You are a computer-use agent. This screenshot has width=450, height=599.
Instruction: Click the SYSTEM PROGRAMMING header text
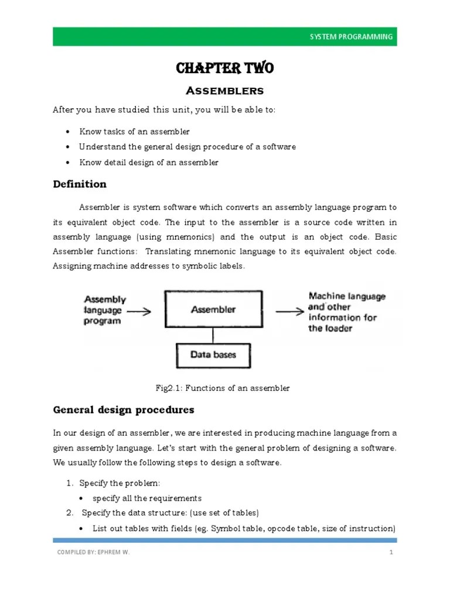pyautogui.click(x=351, y=37)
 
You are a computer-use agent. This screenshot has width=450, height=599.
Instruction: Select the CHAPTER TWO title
pyautogui.click(x=224, y=69)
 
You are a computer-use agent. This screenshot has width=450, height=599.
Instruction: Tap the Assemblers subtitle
pyautogui.click(x=224, y=91)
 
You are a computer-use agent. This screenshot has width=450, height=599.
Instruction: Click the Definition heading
pyautogui.click(x=80, y=184)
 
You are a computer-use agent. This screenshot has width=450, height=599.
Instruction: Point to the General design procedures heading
pyautogui.click(x=123, y=409)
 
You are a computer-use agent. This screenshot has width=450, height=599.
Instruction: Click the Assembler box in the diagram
pyautogui.click(x=213, y=310)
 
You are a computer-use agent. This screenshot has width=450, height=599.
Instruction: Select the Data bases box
pyautogui.click(x=213, y=354)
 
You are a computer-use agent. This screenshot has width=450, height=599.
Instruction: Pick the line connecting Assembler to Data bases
pyautogui.click(x=213, y=335)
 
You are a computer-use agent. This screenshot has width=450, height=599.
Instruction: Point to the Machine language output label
pyautogui.click(x=347, y=312)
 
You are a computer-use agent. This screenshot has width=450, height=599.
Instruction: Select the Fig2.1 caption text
pyautogui.click(x=222, y=388)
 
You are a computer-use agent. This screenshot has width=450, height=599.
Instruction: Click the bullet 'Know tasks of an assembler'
pyautogui.click(x=134, y=132)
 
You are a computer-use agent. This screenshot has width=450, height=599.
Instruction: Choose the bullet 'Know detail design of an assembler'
pyautogui.click(x=149, y=162)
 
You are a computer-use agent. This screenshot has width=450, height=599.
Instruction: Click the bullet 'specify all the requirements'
pyautogui.click(x=147, y=498)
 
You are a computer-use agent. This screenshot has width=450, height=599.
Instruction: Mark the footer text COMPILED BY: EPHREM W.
pyautogui.click(x=93, y=552)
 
